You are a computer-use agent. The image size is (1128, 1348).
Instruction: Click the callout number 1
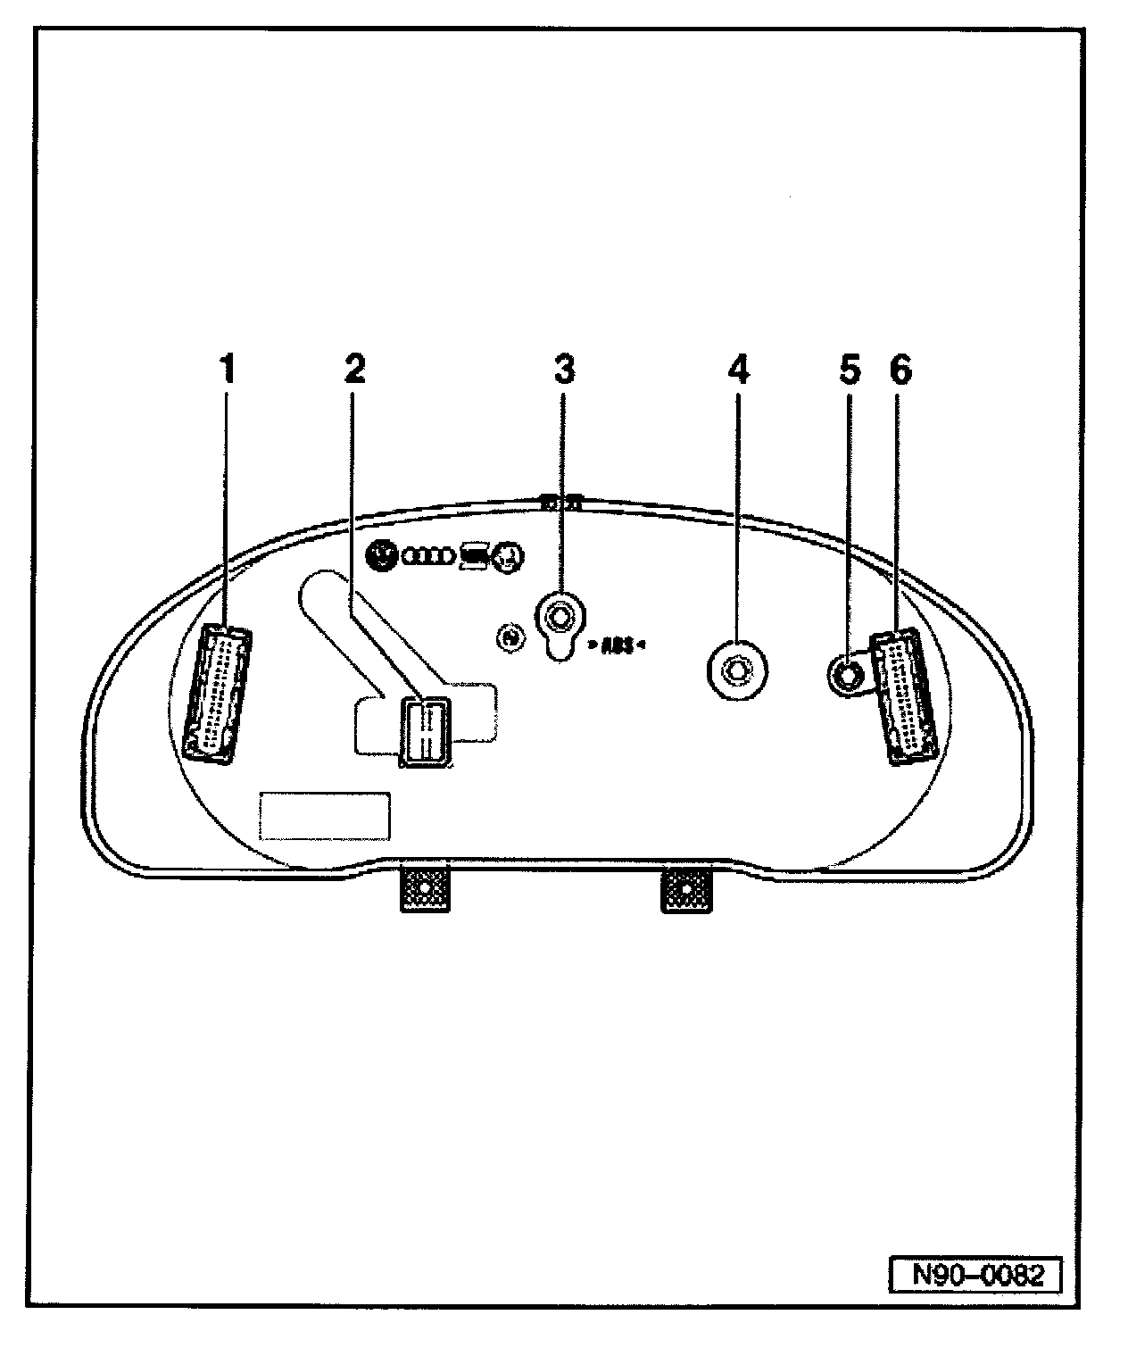pos(228,369)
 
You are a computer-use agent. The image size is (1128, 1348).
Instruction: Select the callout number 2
pos(354,369)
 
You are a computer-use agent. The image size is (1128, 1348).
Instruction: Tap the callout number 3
pos(564,369)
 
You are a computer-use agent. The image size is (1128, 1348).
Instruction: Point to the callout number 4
pos(738,369)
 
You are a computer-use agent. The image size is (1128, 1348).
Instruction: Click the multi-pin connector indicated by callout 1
pos(217,694)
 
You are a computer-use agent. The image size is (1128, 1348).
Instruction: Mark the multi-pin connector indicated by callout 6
pos(904,695)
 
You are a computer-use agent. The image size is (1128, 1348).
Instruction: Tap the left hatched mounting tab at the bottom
pos(423,890)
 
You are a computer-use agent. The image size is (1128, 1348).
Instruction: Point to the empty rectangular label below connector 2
pos(324,815)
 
